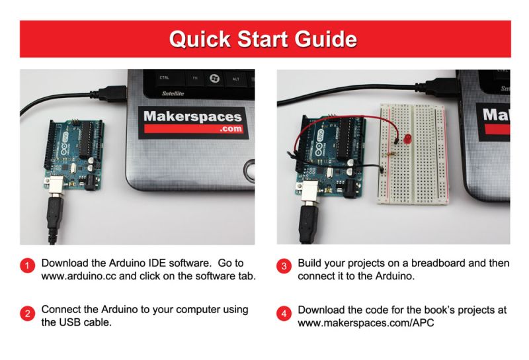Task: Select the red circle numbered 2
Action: [x=27, y=314]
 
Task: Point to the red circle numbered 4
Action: [x=284, y=314]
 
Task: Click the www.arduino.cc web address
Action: [x=75, y=275]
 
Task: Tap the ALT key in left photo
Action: [x=235, y=78]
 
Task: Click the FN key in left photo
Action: [x=195, y=78]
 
